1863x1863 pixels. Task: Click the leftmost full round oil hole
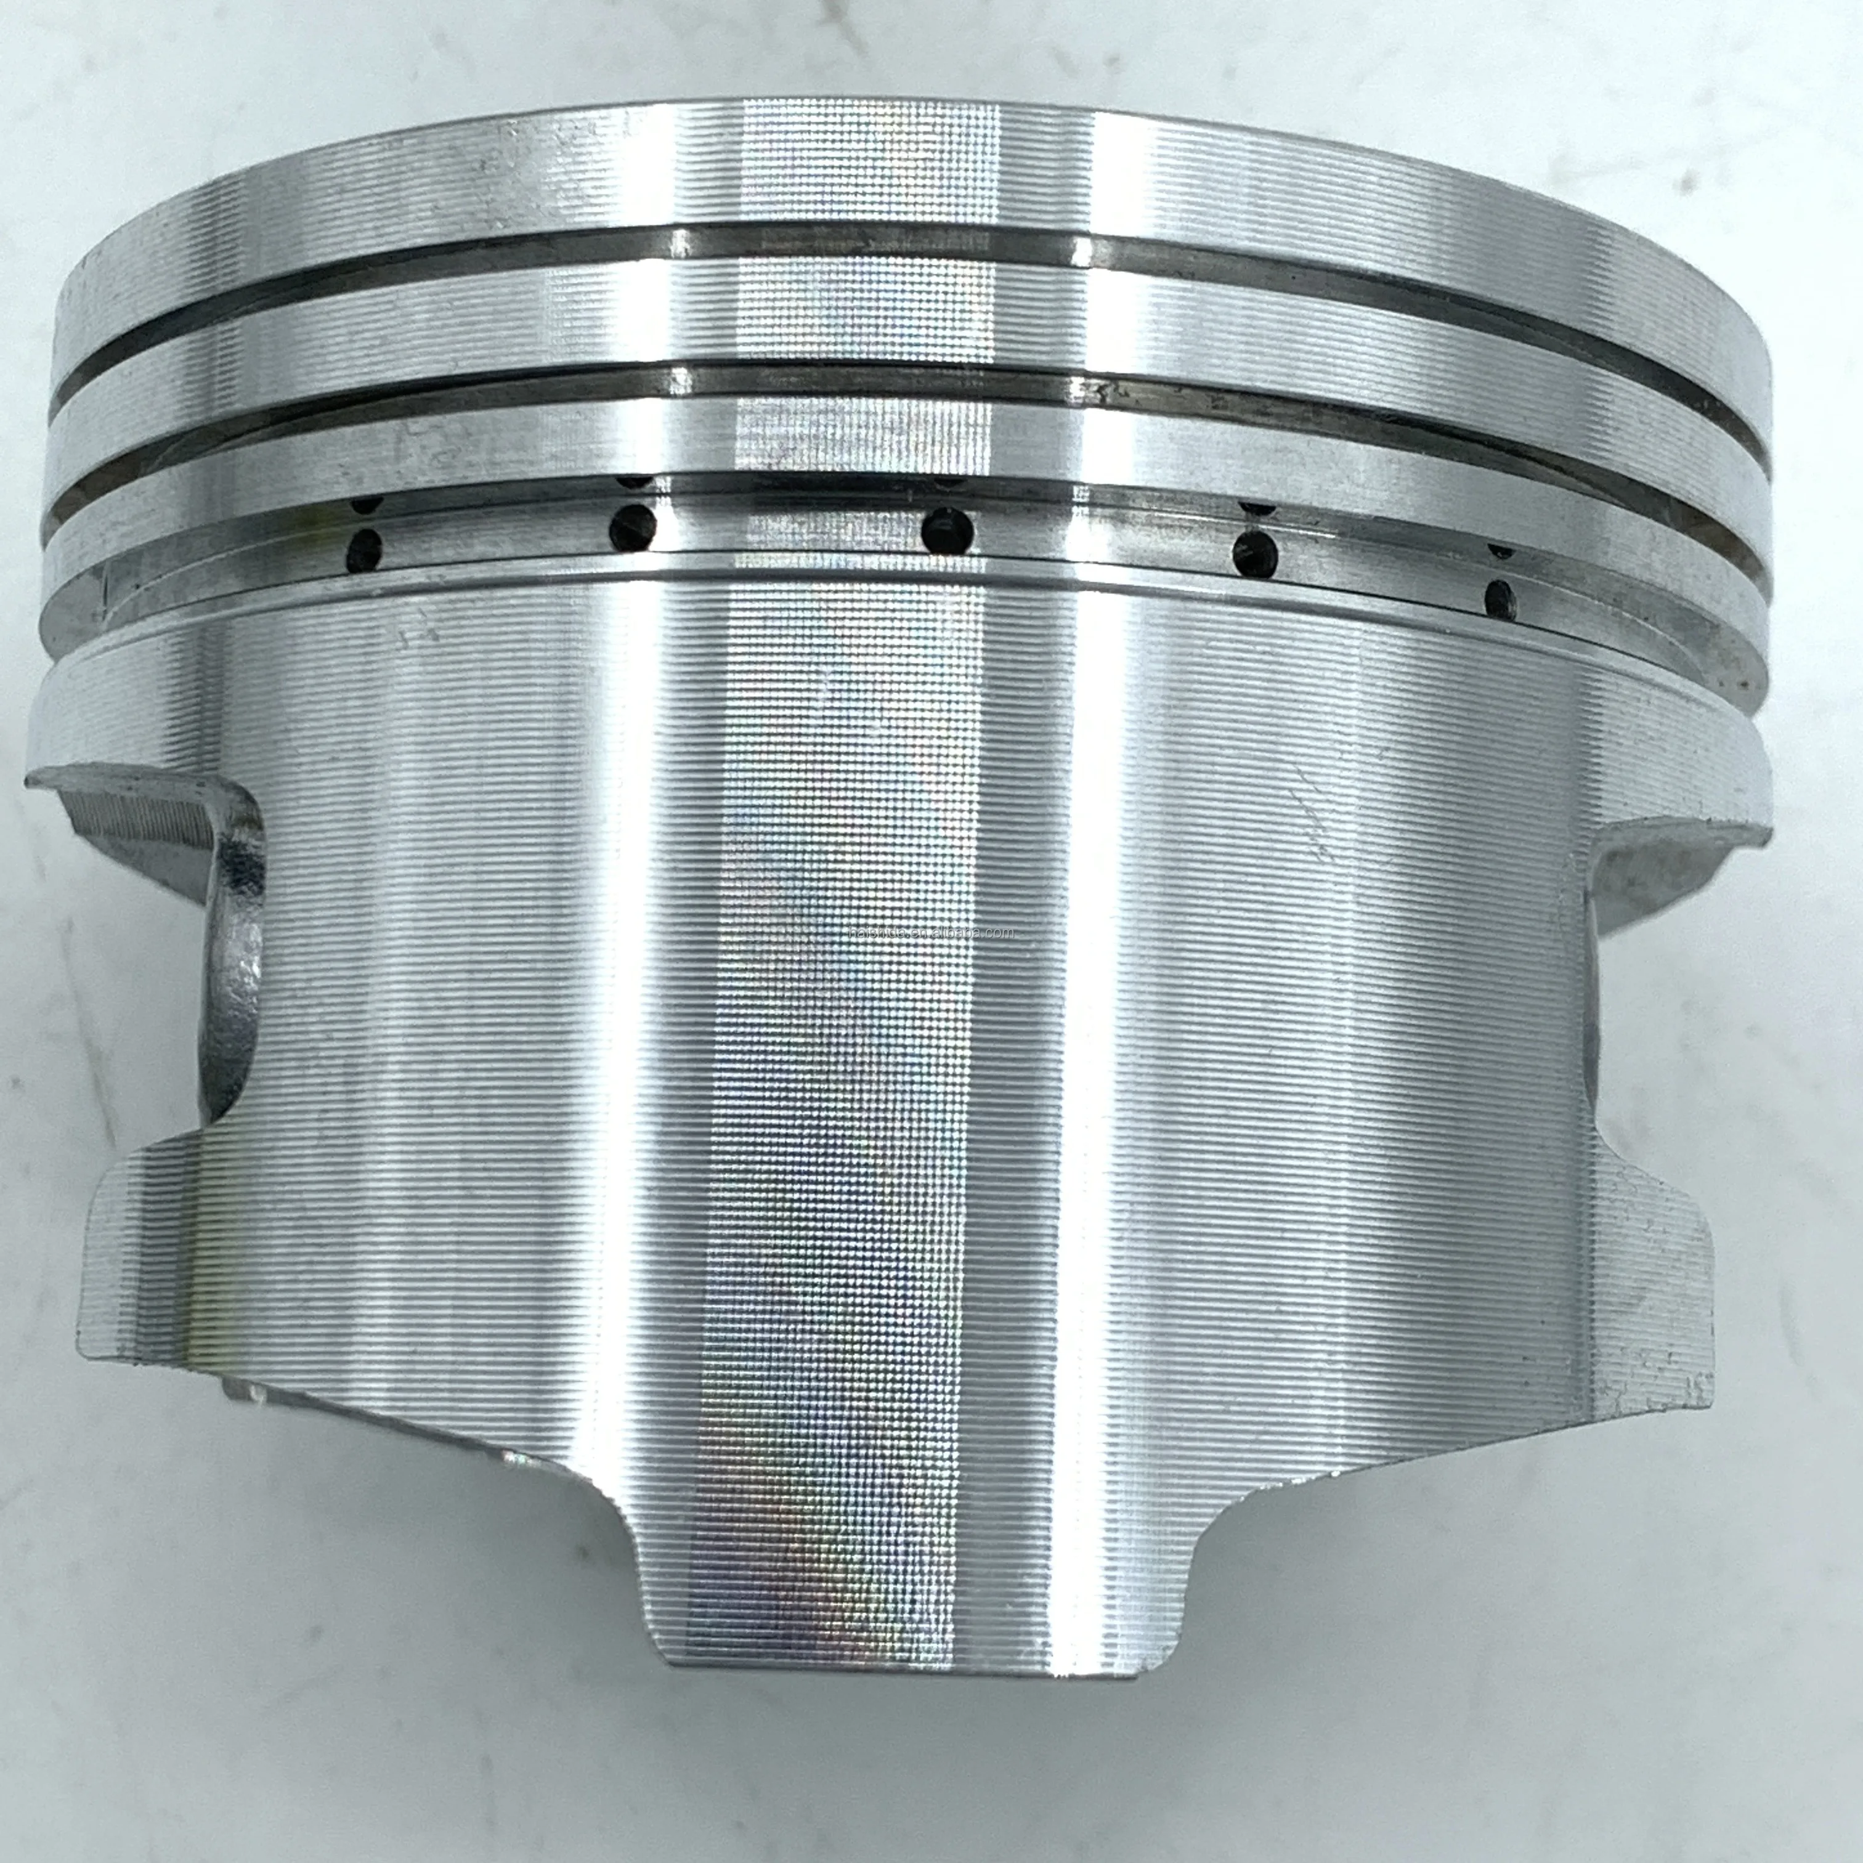363,551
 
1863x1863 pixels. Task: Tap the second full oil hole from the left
633,524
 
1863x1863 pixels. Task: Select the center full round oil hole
947,529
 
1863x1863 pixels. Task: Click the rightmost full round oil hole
1498,600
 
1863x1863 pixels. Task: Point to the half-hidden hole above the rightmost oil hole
1500,551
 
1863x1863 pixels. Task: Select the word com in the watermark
1001,933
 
